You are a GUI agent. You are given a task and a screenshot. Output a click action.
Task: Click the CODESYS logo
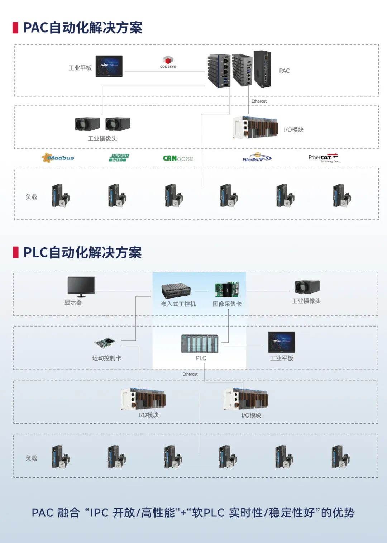(x=168, y=62)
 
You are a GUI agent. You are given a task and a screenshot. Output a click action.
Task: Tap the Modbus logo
(x=58, y=158)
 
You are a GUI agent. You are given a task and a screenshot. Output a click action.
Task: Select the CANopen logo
(x=178, y=158)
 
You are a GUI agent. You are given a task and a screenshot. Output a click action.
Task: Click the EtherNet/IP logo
(x=257, y=158)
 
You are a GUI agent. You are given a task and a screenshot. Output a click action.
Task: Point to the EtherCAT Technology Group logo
(x=324, y=158)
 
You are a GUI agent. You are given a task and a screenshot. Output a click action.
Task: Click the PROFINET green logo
(x=119, y=158)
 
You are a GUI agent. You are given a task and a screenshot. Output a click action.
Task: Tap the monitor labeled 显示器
(x=81, y=286)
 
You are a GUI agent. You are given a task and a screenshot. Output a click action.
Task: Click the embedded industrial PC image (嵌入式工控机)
(x=176, y=291)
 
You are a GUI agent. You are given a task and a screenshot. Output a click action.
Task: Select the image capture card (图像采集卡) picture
(x=227, y=290)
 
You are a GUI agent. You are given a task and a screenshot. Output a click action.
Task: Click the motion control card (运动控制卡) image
(x=105, y=343)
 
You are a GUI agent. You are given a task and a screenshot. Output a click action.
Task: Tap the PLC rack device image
(x=200, y=344)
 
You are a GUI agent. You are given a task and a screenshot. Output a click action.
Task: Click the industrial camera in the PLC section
(x=307, y=287)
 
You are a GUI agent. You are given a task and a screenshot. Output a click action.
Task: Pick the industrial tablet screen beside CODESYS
(x=109, y=66)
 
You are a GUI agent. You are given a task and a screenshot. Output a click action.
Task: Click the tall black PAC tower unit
(x=262, y=69)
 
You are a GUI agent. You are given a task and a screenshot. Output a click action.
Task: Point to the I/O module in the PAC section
(x=255, y=128)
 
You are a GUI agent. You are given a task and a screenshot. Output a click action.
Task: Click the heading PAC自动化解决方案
(x=83, y=28)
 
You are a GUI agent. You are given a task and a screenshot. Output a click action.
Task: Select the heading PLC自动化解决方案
(x=82, y=253)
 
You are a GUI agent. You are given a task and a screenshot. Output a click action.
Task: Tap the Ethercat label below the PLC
(x=190, y=374)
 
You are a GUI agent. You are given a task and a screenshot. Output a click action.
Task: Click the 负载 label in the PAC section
(x=31, y=197)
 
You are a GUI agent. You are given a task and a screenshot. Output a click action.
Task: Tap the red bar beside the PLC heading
(x=15, y=252)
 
